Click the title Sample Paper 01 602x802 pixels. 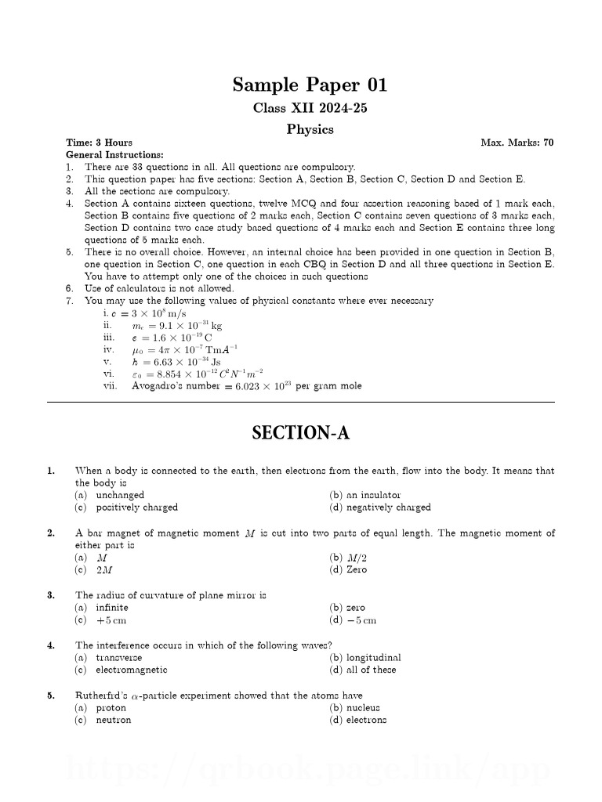click(310, 85)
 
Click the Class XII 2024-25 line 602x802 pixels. click(310, 108)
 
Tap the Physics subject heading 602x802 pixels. click(310, 129)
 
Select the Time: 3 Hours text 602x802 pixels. click(99, 143)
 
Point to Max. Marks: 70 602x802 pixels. click(517, 143)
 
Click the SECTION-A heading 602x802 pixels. click(300, 433)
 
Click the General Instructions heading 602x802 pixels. click(114, 155)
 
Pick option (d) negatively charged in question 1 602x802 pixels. click(380, 508)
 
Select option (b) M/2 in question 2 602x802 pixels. click(348, 558)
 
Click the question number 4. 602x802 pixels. click(51, 645)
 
